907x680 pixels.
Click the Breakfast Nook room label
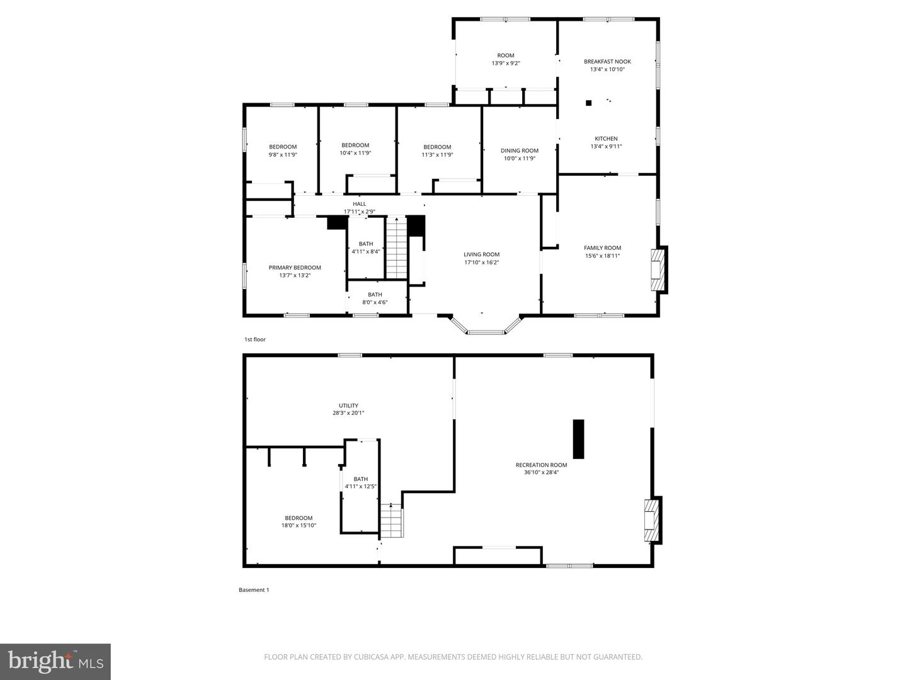click(607, 62)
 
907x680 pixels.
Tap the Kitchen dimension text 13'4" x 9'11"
click(606, 147)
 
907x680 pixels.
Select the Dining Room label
click(520, 150)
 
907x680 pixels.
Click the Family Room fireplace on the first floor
click(658, 270)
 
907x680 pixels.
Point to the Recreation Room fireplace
click(651, 520)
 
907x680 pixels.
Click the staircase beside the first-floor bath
click(396, 247)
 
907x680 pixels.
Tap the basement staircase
click(391, 521)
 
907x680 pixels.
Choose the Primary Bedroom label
click(295, 268)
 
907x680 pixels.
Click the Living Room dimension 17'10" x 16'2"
click(481, 263)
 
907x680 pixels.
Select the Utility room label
click(348, 405)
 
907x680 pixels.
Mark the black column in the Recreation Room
click(578, 439)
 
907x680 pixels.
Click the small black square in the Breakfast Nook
click(589, 103)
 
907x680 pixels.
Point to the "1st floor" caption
click(255, 339)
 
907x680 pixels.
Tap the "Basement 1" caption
click(254, 590)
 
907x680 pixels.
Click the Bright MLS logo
click(55, 661)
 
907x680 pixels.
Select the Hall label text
click(359, 204)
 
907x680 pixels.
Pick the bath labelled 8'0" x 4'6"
click(375, 298)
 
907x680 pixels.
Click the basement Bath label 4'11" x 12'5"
click(360, 482)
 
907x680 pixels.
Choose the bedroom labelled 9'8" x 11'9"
click(283, 150)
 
